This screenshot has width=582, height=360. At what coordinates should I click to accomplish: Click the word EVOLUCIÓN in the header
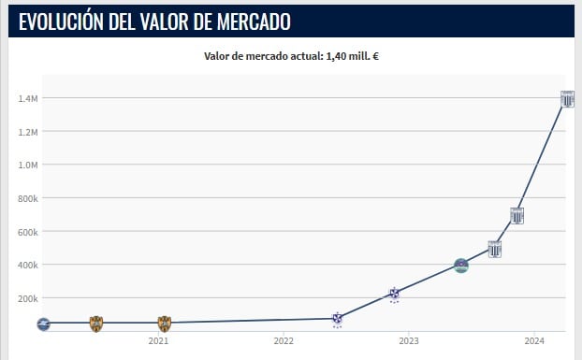coord(62,21)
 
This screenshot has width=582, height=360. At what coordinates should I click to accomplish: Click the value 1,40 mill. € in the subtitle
coord(352,56)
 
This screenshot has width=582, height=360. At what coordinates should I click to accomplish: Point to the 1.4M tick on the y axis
coord(26,98)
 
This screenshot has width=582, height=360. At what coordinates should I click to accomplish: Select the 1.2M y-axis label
coord(26,132)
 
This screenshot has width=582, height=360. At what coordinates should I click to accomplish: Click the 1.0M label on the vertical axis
coord(26,165)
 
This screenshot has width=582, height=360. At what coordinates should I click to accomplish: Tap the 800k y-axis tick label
coord(26,198)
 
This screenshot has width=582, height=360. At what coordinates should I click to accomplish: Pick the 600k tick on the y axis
coord(26,232)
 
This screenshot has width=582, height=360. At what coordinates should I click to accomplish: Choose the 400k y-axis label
coord(26,265)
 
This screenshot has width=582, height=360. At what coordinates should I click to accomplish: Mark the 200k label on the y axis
coord(26,298)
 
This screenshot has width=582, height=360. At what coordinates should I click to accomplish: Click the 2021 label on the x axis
coord(158,341)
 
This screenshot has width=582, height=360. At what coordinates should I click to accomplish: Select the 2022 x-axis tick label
coord(284,341)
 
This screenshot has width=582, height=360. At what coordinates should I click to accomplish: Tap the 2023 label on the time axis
coord(408,341)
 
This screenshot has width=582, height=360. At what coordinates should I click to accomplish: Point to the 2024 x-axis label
coord(533,341)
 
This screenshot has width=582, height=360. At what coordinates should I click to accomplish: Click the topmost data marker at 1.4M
coord(567,99)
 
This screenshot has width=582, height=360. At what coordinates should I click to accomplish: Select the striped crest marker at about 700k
coord(517,215)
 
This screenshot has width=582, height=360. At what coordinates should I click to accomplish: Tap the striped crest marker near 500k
coord(495,249)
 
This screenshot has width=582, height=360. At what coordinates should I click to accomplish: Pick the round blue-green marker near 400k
coord(460,266)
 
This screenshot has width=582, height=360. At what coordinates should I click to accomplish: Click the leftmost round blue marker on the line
coord(42,324)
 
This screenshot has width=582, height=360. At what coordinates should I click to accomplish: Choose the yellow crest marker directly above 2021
coord(164,324)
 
